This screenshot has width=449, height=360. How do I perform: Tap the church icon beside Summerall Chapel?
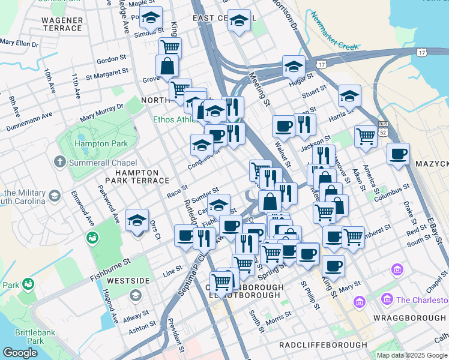(x=59, y=161)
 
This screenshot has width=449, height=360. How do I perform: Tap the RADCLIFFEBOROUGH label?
(x=323, y=345)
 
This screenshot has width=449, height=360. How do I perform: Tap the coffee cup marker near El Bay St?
(x=398, y=154)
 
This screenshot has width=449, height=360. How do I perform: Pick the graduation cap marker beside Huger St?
(x=294, y=67)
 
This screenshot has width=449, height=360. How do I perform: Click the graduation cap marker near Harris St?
(x=349, y=95)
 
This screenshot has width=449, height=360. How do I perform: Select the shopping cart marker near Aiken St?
(x=365, y=136)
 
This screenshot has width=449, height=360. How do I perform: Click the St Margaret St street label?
(x=107, y=75)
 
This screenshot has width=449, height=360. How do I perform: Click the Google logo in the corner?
(x=20, y=353)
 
